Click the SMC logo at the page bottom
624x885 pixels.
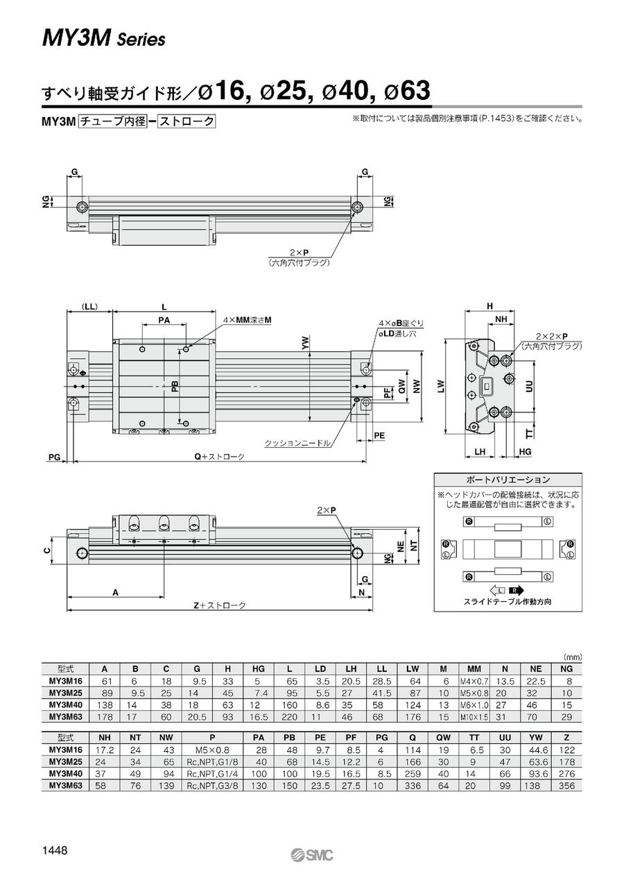[x=312, y=855]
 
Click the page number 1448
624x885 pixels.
[x=55, y=850]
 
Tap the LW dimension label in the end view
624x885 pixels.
[x=441, y=386]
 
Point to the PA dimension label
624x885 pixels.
[x=164, y=320]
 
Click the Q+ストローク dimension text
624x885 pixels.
[x=220, y=457]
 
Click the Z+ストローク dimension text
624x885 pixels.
[x=220, y=606]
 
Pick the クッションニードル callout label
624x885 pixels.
[x=297, y=444]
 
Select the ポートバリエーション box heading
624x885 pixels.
[x=508, y=480]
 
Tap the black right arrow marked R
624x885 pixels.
[x=516, y=591]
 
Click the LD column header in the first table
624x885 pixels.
[x=320, y=669]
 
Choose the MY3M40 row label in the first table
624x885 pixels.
[x=66, y=705]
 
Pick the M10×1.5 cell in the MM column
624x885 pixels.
[x=474, y=717]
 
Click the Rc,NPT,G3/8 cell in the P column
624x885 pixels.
[x=213, y=786]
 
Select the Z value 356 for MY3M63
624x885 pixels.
[x=566, y=786]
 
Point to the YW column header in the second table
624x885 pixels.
[x=535, y=738]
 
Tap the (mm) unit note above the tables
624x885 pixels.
[x=573, y=657]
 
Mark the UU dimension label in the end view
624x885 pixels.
[x=529, y=386]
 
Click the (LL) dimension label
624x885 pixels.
[x=89, y=307]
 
